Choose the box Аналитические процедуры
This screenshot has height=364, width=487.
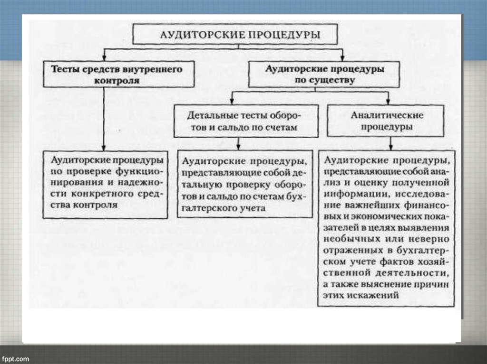tap(387, 121)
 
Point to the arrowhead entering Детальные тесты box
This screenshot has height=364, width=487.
tap(232, 101)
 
